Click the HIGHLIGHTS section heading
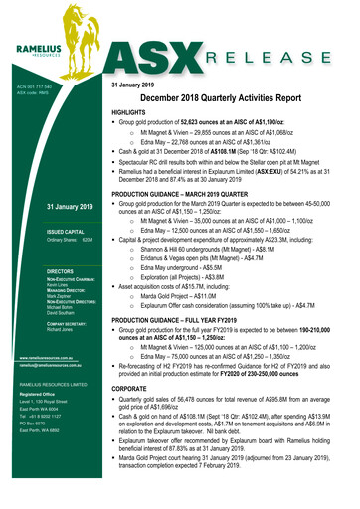pos(135,115)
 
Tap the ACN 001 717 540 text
pos(30,86)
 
